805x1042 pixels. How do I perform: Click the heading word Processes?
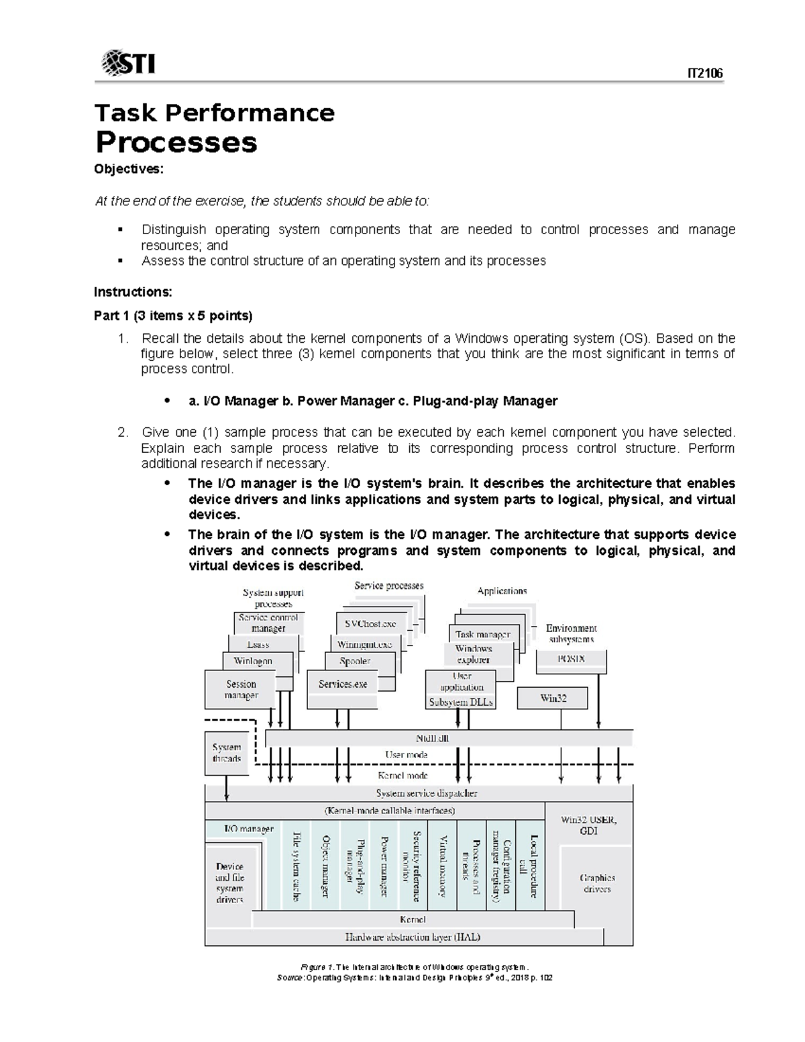(176, 142)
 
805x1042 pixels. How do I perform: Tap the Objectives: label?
(128, 169)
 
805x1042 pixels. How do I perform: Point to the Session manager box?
(241, 690)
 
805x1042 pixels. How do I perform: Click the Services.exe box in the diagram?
(343, 684)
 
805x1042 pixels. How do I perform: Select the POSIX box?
(571, 660)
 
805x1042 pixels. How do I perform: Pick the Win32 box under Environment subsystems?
(553, 698)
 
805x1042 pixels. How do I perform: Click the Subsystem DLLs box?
(461, 702)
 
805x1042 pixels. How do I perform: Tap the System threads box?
(226, 753)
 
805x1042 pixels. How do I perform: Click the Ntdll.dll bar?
(449, 738)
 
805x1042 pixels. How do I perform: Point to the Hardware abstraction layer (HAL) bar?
(412, 937)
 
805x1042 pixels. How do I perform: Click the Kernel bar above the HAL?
(412, 919)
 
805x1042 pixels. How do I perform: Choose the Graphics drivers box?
(596, 883)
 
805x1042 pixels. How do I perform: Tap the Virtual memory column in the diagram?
(442, 866)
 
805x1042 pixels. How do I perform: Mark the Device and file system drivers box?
(229, 882)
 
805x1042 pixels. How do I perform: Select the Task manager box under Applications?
(482, 634)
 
